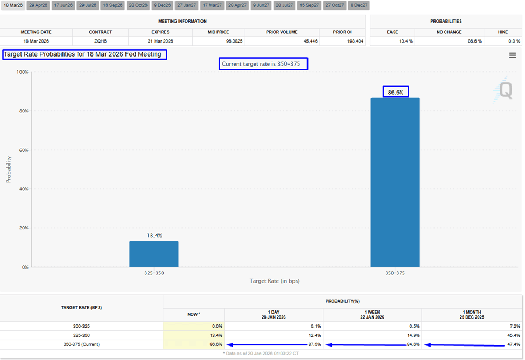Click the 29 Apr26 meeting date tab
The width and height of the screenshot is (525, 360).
pyautogui.click(x=38, y=5)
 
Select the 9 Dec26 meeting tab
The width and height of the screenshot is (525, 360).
pyautogui.click(x=162, y=5)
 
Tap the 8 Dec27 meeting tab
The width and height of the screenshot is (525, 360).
pyautogui.click(x=359, y=5)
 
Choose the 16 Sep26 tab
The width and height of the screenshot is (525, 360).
pyautogui.click(x=113, y=5)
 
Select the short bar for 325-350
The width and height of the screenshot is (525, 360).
pyautogui.click(x=153, y=253)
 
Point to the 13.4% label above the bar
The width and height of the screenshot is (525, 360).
pyautogui.click(x=153, y=236)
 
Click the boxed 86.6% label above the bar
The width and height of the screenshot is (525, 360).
pyautogui.click(x=395, y=92)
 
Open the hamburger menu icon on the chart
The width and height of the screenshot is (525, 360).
pyautogui.click(x=512, y=55)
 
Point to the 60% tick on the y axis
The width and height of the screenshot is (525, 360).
pyautogui.click(x=22, y=150)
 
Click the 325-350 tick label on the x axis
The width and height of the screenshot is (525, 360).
pyautogui.click(x=153, y=273)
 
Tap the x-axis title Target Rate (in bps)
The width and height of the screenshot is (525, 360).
pyautogui.click(x=274, y=281)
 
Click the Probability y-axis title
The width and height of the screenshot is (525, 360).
pyautogui.click(x=9, y=169)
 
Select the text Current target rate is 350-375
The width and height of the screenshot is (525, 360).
pyautogui.click(x=264, y=64)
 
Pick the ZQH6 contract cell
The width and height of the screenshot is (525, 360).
pyautogui.click(x=100, y=41)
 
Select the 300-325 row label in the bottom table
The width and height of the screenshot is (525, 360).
pyautogui.click(x=82, y=326)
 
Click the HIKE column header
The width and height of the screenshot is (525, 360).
pyautogui.click(x=503, y=32)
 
